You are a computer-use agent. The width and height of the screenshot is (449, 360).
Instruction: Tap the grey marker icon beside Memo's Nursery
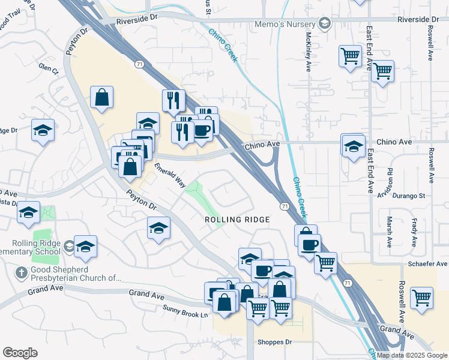point(325,23)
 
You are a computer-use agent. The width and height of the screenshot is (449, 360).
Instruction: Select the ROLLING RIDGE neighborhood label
point(237,220)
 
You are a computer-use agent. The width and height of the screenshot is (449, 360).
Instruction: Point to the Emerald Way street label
point(170,175)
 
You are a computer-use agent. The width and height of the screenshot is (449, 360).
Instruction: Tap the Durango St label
point(408,196)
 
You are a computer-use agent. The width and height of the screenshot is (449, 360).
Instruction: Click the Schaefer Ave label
point(429,264)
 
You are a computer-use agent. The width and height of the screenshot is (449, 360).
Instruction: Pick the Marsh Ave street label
point(390,232)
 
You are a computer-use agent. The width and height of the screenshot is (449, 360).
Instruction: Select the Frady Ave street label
point(414,233)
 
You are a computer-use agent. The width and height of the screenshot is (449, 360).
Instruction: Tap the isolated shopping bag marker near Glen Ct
point(102,97)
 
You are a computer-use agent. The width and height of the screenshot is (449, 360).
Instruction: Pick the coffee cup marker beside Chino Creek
point(310,245)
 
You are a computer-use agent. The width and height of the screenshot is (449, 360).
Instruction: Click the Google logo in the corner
point(20,353)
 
